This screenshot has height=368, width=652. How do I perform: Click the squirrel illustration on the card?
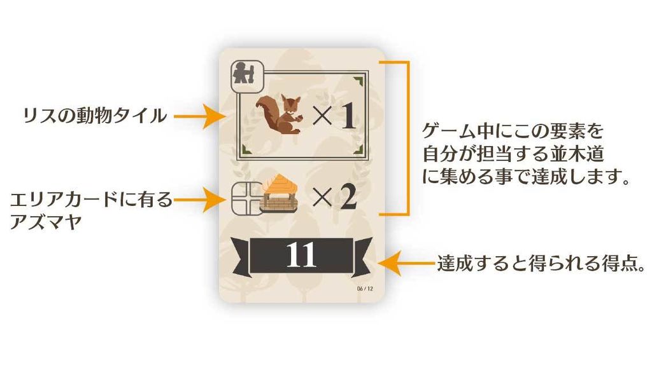point(278,114)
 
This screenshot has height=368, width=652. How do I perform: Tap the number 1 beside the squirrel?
point(348,116)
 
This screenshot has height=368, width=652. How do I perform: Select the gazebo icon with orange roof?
point(280,194)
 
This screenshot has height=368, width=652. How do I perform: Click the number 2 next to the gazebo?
point(348,198)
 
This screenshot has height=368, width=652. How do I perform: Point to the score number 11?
point(301,255)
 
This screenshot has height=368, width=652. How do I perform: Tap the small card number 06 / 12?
point(365,289)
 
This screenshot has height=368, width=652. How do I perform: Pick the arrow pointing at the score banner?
point(406,263)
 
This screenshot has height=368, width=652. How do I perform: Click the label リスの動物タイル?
point(95,115)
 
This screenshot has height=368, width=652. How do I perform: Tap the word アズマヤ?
point(46,222)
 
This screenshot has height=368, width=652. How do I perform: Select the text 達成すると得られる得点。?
point(541,263)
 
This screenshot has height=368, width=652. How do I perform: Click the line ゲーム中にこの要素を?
point(513,131)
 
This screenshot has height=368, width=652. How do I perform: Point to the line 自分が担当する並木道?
point(513,154)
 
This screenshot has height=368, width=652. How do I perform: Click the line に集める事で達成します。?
point(525,177)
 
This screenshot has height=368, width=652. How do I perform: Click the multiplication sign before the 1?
point(322,116)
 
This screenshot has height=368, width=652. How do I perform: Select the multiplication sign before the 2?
point(322,198)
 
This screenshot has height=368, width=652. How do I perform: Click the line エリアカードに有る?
point(91,200)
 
